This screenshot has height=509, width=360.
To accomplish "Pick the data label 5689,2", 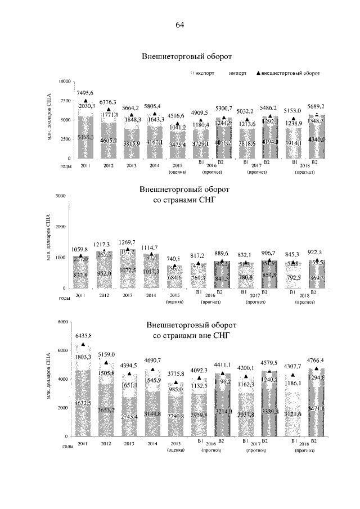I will [315, 106].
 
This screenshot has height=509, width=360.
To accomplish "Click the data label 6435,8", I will [83, 336].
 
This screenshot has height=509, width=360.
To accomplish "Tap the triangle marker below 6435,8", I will [84, 344].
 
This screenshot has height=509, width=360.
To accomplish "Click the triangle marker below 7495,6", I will [86, 101].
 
